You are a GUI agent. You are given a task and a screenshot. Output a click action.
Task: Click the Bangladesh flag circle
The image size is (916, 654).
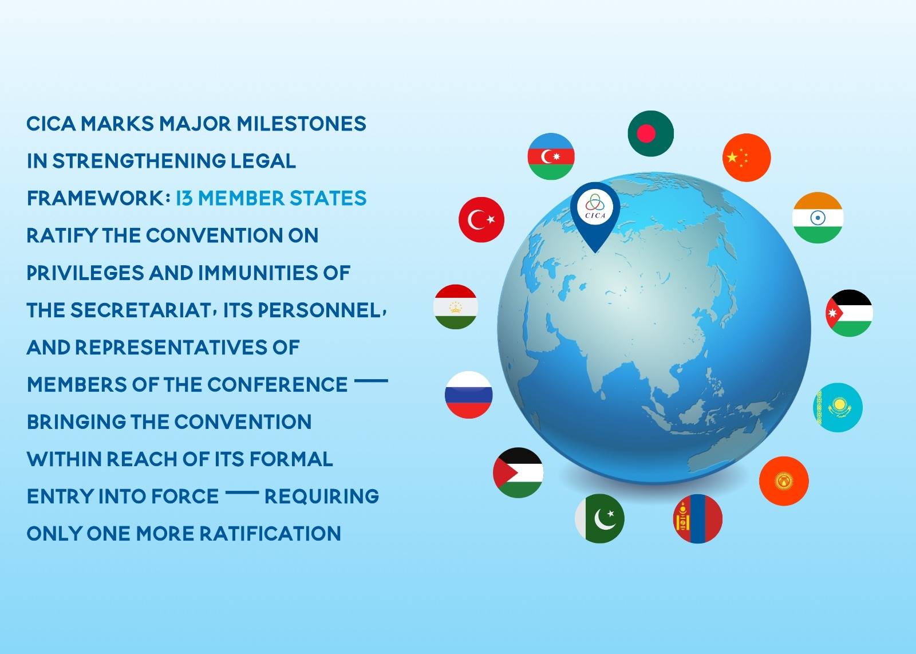[650, 133]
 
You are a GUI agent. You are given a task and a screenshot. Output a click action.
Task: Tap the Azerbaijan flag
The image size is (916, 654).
[551, 156]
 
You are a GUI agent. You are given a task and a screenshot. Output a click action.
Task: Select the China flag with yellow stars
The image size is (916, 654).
[747, 157]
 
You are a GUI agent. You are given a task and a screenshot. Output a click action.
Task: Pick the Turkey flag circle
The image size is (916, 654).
[481, 220]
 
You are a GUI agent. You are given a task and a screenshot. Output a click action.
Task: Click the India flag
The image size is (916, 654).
[818, 218]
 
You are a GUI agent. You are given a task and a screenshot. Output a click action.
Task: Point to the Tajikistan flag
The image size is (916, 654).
[456, 307]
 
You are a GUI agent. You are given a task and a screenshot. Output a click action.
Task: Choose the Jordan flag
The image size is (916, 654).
[850, 313]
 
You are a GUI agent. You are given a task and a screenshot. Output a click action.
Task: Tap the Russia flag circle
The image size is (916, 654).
[469, 395]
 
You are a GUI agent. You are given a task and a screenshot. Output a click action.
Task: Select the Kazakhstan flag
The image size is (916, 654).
[838, 407]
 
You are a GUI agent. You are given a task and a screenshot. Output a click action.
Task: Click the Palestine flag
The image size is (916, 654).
[518, 473]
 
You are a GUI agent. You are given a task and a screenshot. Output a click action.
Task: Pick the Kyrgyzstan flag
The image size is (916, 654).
[784, 481]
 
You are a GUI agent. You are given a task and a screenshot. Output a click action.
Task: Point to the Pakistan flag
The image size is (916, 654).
[599, 519]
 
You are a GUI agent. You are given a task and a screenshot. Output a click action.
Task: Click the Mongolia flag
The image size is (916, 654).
[698, 519]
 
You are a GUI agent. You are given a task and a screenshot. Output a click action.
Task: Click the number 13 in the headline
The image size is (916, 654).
[184, 198]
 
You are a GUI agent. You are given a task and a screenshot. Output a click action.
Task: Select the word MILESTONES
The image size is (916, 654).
[301, 124]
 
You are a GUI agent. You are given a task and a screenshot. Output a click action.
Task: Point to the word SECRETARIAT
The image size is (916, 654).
[141, 310]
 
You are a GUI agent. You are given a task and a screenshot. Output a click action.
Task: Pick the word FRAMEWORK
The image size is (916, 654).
[96, 198]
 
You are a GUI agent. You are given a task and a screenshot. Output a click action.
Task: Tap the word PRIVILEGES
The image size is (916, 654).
[85, 273]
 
